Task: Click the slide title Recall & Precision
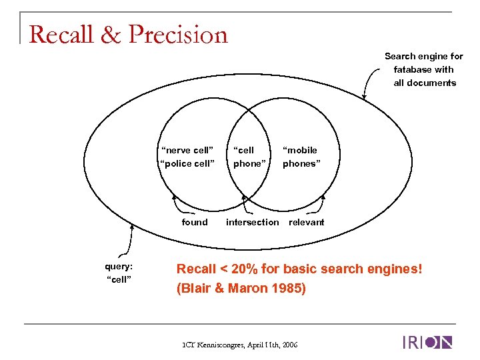point(129,34)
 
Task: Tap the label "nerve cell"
point(187,150)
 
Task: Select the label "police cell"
point(187,163)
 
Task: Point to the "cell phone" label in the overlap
point(249,157)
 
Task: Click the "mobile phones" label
point(301,157)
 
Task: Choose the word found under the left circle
point(195,222)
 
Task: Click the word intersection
point(253,222)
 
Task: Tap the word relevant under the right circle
point(306,222)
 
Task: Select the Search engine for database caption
point(423,69)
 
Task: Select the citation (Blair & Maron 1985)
point(241,289)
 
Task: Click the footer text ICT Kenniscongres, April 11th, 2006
point(241,344)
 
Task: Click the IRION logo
point(427,343)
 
